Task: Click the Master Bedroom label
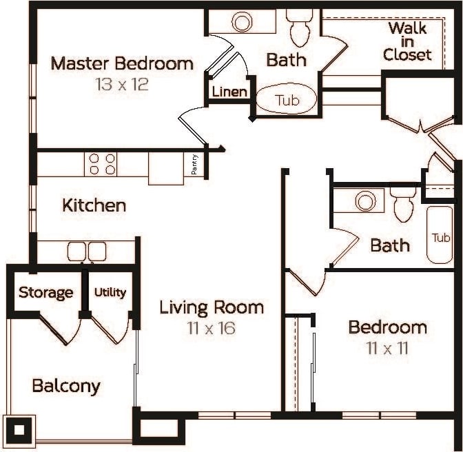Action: [122, 64]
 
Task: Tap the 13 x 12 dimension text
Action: [122, 85]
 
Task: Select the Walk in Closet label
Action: [407, 41]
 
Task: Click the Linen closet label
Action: [229, 92]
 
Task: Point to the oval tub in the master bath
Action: [287, 100]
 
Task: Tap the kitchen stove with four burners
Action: [101, 164]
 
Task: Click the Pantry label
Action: [196, 165]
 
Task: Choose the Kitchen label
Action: [94, 205]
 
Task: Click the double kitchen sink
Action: [87, 251]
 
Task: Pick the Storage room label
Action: [45, 292]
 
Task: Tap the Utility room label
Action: [110, 292]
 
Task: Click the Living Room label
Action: [212, 307]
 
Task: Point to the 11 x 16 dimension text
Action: [212, 328]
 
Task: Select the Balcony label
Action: [66, 386]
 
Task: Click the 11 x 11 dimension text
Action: [387, 348]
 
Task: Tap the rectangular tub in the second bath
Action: [440, 236]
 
